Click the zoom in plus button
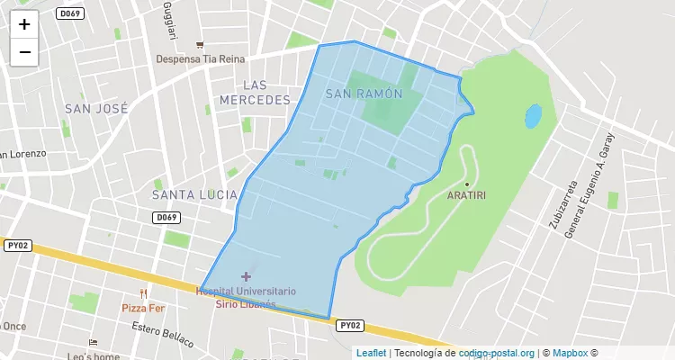click(x=24, y=24)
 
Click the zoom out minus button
click(x=24, y=52)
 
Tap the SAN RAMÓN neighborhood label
click(x=363, y=94)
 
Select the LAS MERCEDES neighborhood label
click(x=255, y=93)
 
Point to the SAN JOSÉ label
click(x=97, y=108)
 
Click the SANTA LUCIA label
click(x=194, y=194)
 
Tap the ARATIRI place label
click(x=467, y=194)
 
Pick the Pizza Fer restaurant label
click(x=145, y=308)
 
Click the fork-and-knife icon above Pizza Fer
click(x=144, y=293)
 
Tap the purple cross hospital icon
click(x=246, y=276)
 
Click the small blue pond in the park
click(x=533, y=116)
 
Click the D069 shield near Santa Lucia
click(x=166, y=218)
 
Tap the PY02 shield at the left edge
click(x=18, y=245)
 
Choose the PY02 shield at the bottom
click(x=351, y=326)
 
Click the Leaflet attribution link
click(x=371, y=353)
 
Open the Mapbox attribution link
click(x=569, y=353)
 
